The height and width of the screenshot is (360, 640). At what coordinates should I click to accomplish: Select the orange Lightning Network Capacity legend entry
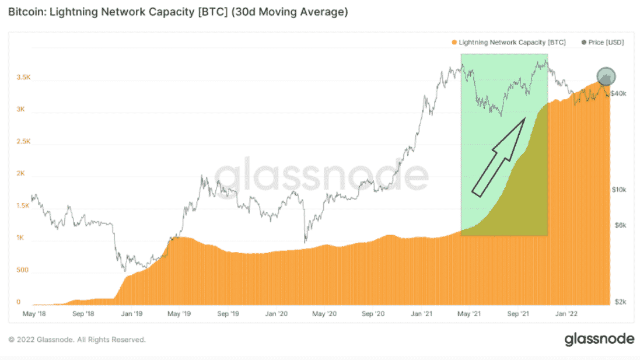pyautogui.click(x=508, y=42)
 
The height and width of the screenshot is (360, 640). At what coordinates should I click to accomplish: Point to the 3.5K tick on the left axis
pyautogui.click(x=22, y=77)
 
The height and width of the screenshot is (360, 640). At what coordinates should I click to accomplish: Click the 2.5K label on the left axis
pyautogui.click(x=22, y=141)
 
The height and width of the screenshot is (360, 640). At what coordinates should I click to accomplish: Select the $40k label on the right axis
pyautogui.click(x=619, y=93)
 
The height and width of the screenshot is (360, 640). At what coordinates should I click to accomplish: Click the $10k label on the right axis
pyautogui.click(x=619, y=190)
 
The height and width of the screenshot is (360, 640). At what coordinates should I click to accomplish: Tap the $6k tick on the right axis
pyautogui.click(x=619, y=225)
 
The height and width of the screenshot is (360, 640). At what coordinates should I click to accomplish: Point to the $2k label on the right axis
pyautogui.click(x=619, y=302)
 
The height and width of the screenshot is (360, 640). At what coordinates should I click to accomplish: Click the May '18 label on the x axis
pyautogui.click(x=35, y=314)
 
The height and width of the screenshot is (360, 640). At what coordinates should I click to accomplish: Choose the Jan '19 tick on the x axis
pyautogui.click(x=131, y=314)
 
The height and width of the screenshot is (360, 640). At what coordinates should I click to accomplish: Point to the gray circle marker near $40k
pyautogui.click(x=606, y=76)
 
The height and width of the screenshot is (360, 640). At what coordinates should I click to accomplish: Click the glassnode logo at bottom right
pyautogui.click(x=599, y=339)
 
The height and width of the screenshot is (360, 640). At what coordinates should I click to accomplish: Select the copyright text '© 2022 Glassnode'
pyautogui.click(x=77, y=339)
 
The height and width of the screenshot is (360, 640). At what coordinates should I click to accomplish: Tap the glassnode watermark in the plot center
pyautogui.click(x=320, y=175)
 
